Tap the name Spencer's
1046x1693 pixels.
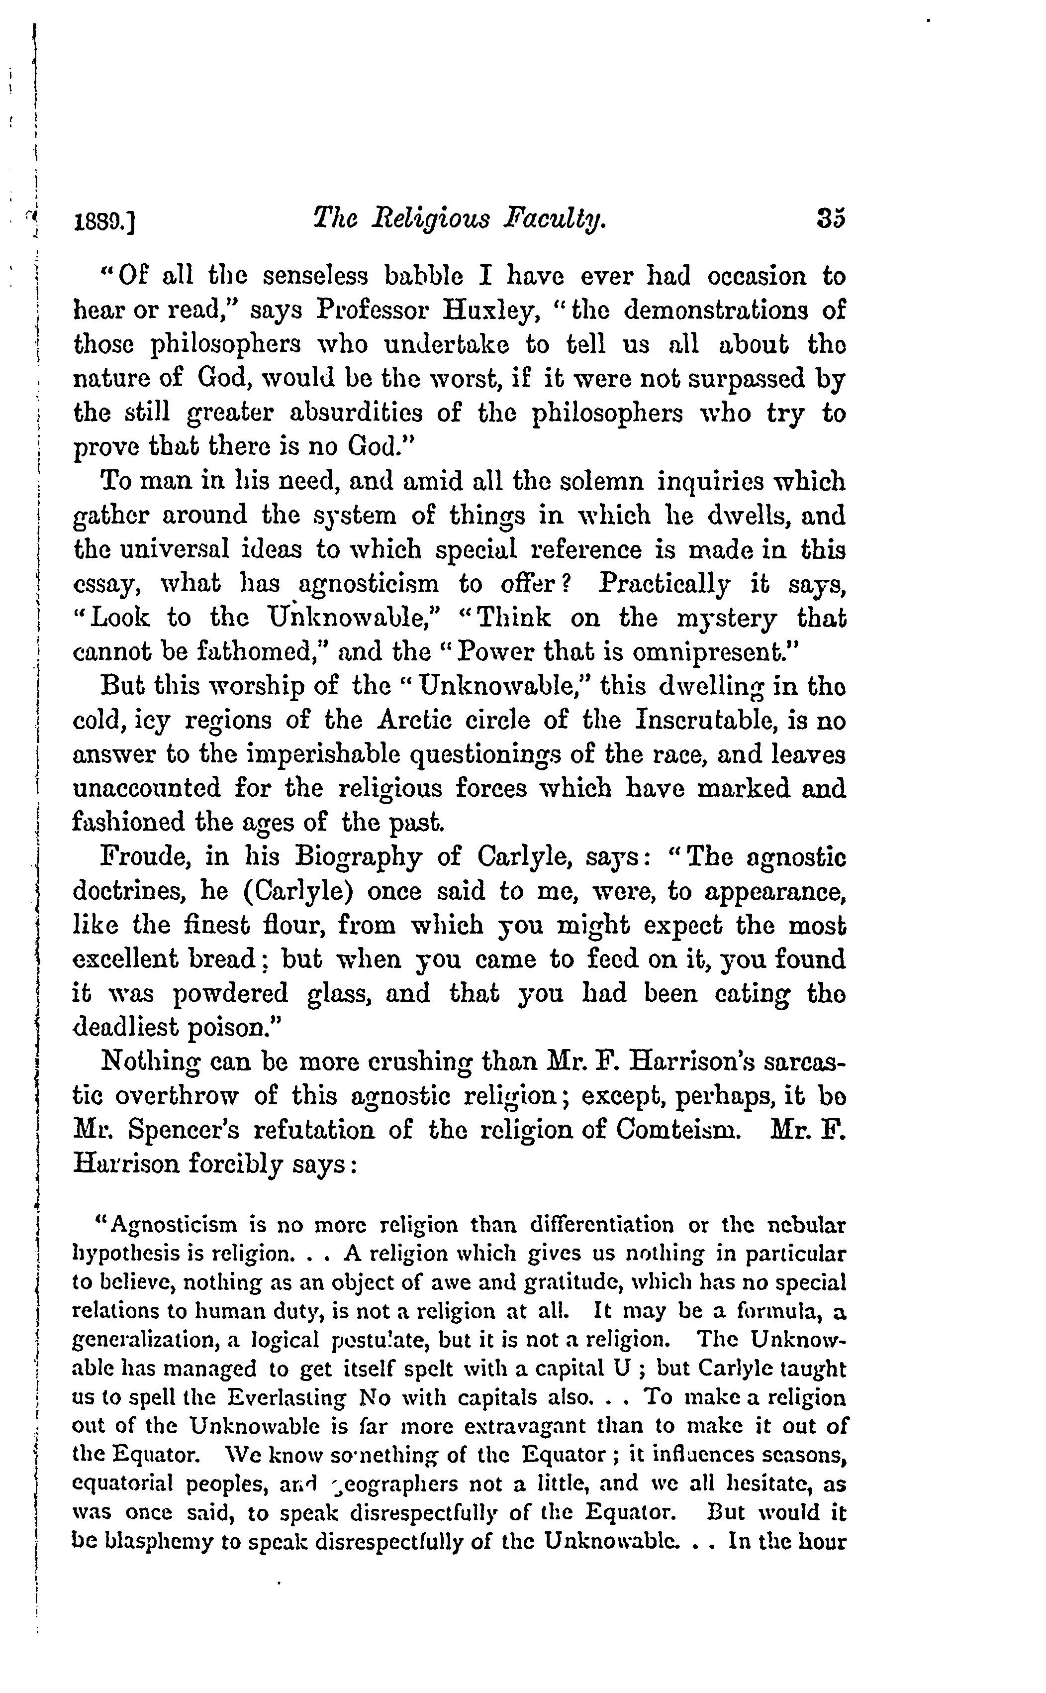coord(184,1130)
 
